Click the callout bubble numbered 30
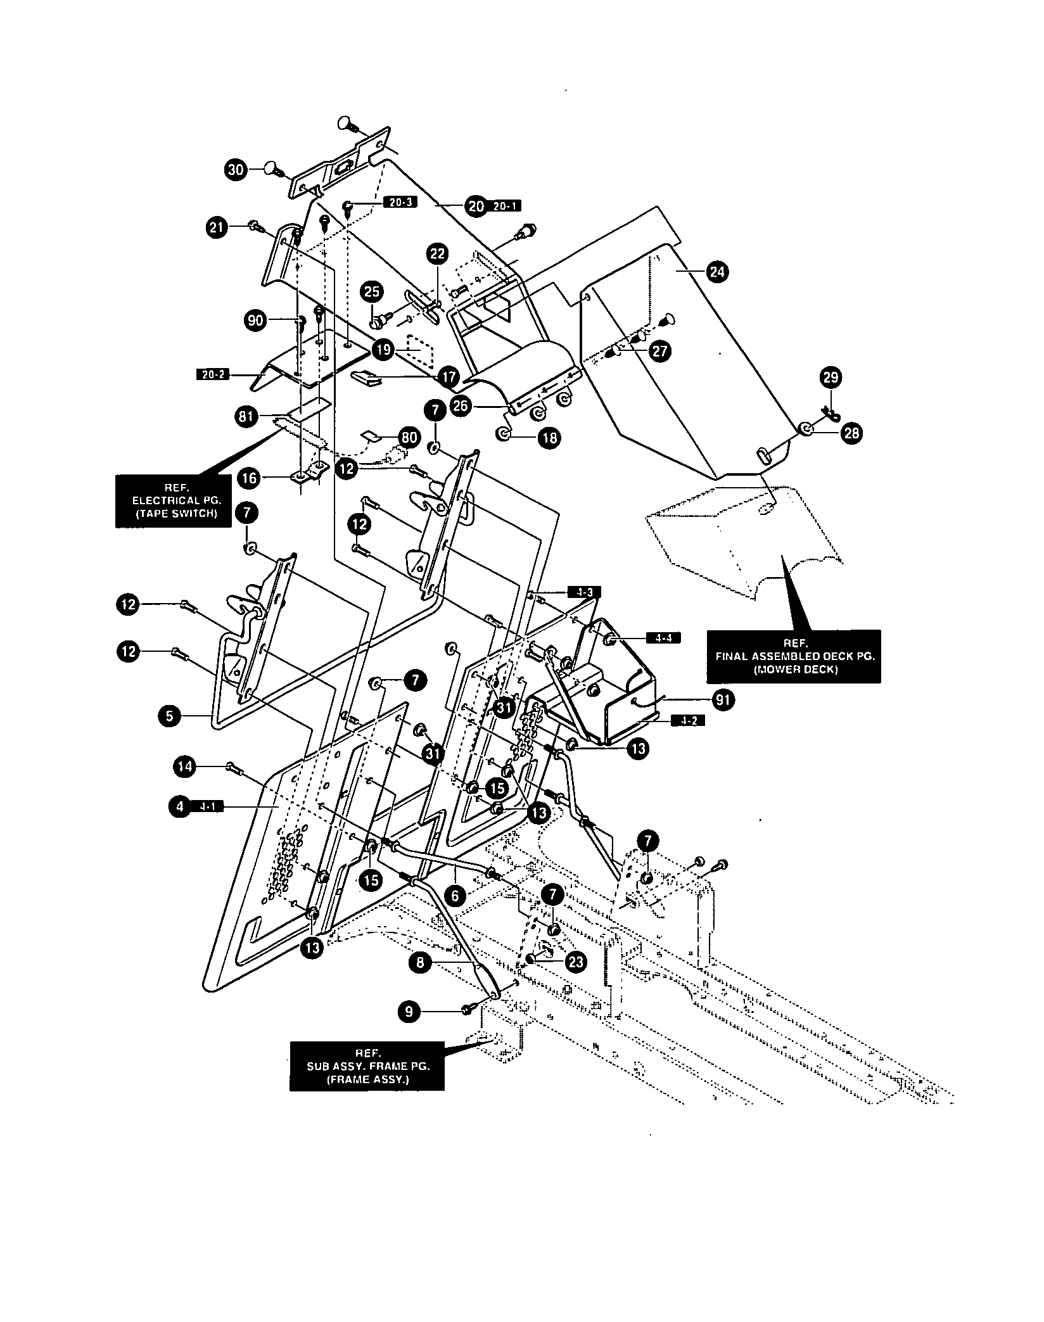(236, 170)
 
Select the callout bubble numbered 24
(718, 272)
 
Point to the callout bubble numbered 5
(169, 716)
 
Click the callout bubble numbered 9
(409, 1012)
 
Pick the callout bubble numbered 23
(575, 962)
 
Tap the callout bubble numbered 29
(831, 378)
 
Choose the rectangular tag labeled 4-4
(663, 638)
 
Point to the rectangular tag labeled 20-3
(400, 203)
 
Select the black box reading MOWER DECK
(794, 657)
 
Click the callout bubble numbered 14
(184, 767)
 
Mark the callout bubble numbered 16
(250, 478)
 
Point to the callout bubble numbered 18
(549, 437)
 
